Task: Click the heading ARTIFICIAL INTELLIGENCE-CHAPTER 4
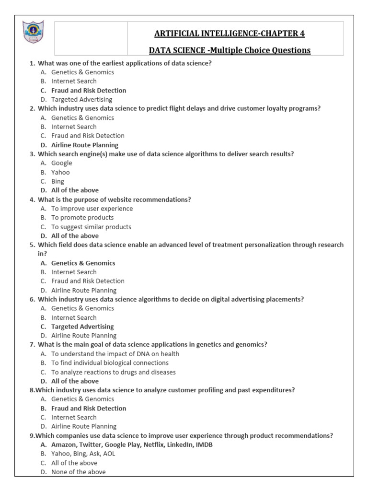pos(229,34)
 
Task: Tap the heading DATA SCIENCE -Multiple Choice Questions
pos(229,50)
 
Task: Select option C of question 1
pos(89,90)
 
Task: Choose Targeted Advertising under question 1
pos(81,99)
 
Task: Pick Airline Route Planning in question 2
pos(85,145)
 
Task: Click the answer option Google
pos(62,163)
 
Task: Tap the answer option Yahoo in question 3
pos(60,172)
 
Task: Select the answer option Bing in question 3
pos(57,181)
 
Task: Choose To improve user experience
pos(92,209)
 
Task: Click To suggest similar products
pos(91,227)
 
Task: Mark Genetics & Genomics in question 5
pos(83,263)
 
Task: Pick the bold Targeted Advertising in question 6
pos(82,327)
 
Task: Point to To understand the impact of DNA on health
pos(115,354)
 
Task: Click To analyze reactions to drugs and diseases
pos(114,372)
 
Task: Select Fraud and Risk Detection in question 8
pos(89,408)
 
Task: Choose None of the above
pos(79,472)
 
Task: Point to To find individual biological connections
pos(110,363)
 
